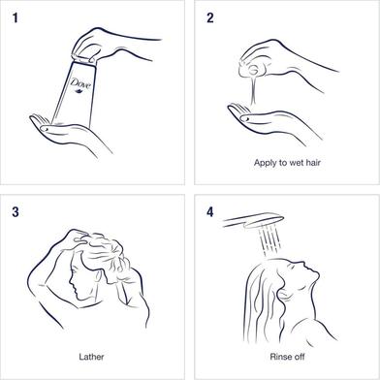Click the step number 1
click(16, 18)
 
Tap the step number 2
click(210, 18)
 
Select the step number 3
click(16, 212)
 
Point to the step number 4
click(210, 212)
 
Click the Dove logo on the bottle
click(80, 85)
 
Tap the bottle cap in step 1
click(83, 60)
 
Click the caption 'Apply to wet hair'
click(287, 163)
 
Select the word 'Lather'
click(91, 357)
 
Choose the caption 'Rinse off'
click(287, 357)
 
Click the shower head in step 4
click(254, 221)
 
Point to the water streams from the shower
click(269, 240)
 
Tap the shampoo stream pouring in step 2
click(254, 89)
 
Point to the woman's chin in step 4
click(316, 275)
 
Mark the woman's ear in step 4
click(284, 293)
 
